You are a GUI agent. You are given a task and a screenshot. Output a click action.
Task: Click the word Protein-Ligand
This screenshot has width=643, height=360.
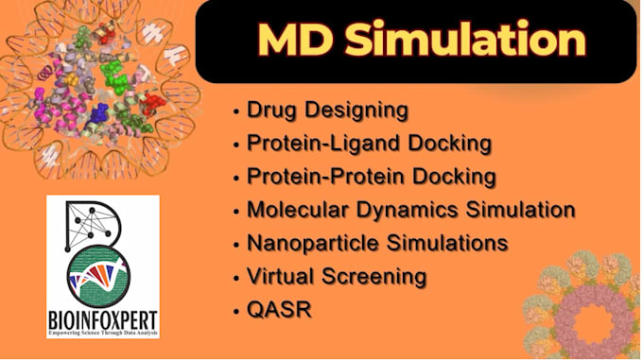(312, 144)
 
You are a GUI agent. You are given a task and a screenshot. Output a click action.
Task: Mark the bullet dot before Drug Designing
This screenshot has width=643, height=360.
(235, 111)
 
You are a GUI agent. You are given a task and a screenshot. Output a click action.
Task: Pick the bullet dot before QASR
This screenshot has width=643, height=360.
(235, 309)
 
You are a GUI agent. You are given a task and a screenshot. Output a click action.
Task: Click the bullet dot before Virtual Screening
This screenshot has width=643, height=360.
(235, 276)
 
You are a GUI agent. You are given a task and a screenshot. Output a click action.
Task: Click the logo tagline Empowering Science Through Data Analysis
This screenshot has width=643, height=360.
(102, 331)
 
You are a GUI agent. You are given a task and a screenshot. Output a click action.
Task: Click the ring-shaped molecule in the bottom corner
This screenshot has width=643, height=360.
(591, 312)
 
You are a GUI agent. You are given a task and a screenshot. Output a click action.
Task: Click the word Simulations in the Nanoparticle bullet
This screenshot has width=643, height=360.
(453, 243)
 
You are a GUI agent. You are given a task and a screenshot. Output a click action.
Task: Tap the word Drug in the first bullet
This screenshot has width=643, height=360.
(269, 111)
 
